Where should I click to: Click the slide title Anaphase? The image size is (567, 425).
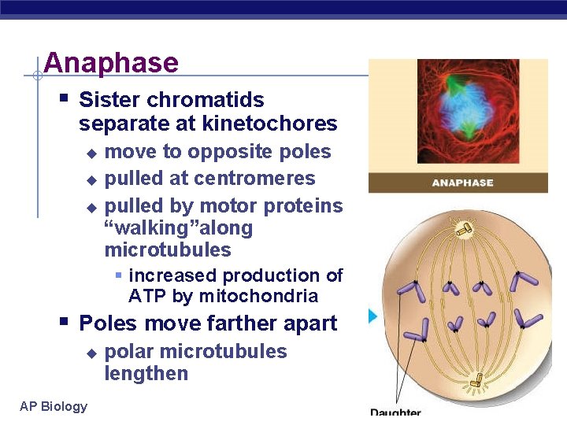coord(111,63)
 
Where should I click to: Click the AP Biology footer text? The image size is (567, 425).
coord(54,406)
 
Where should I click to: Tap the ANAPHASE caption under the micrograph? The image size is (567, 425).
coord(462,183)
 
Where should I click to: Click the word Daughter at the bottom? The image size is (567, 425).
coord(395,413)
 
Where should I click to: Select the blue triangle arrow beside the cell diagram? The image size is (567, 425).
coord(373,316)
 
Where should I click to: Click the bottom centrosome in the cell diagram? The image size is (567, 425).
coord(475,382)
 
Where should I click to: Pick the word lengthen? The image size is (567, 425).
coord(146,374)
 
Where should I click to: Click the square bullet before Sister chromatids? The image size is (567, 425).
coord(63,99)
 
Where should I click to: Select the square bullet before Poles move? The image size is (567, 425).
coord(63,322)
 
